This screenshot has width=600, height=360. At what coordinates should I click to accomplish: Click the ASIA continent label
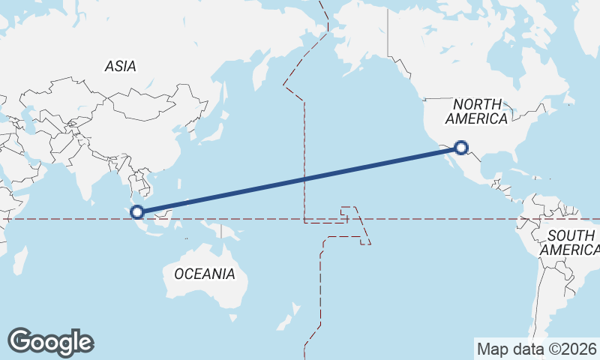point(120,66)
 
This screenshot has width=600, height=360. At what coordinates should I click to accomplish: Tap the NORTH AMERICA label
point(476,111)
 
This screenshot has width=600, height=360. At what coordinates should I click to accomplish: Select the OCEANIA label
point(204,274)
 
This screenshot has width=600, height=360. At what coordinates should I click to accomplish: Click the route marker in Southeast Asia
point(137,212)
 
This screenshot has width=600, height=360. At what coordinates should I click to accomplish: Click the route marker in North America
point(461,148)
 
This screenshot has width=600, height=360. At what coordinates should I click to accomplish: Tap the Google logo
point(50,342)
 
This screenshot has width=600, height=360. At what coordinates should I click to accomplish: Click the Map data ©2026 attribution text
point(537,349)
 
